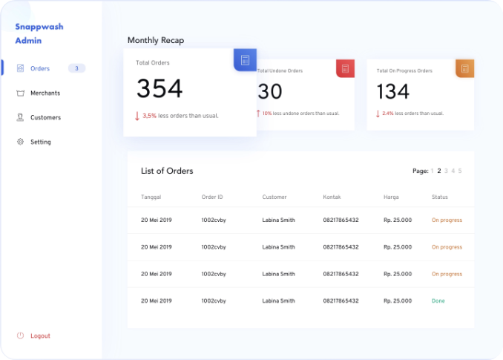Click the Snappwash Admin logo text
pos(39,33)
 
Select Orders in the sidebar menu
pos(39,68)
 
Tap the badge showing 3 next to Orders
pos(77,68)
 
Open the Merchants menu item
pos(45,93)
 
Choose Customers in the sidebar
pos(45,117)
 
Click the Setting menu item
pos(40,142)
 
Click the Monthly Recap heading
pos(156,40)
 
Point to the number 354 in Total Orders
pos(160,89)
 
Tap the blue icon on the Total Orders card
pos(246,59)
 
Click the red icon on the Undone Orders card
pos(344,69)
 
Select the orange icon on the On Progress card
pos(465,69)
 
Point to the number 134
pos(393,92)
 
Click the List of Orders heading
pos(167,171)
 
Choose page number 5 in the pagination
pos(460,171)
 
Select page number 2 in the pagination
pos(439,171)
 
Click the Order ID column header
pos(212,197)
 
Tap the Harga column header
pos(392,197)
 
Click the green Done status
pos(438,301)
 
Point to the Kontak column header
pos(332,197)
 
